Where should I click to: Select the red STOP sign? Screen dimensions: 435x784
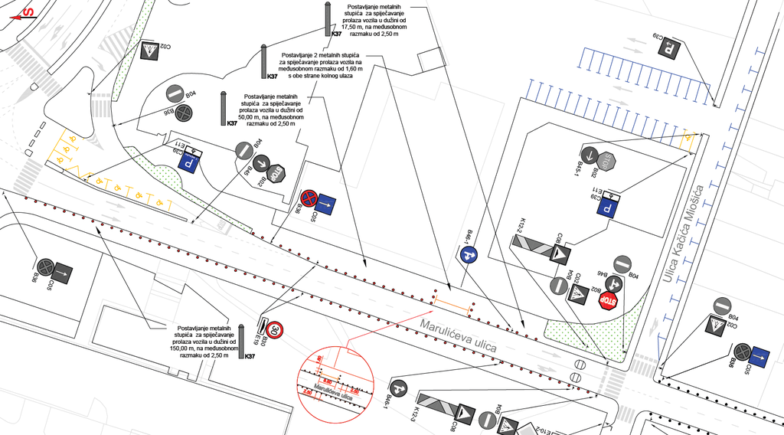[609, 299]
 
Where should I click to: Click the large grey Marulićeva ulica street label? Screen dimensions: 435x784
[458, 335]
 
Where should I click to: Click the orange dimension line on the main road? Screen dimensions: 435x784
[451, 308]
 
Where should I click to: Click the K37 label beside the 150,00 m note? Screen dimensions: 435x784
[250, 356]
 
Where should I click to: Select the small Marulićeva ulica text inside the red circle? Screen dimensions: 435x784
[337, 395]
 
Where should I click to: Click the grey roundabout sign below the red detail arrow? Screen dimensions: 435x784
[401, 389]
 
